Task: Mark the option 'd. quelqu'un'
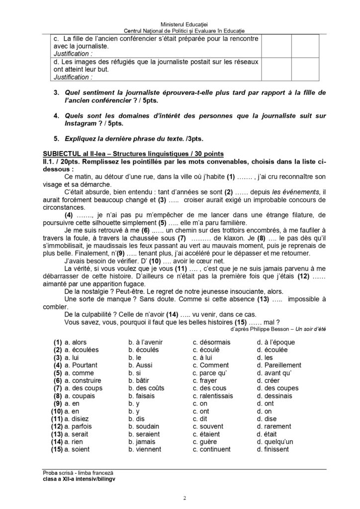278,441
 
